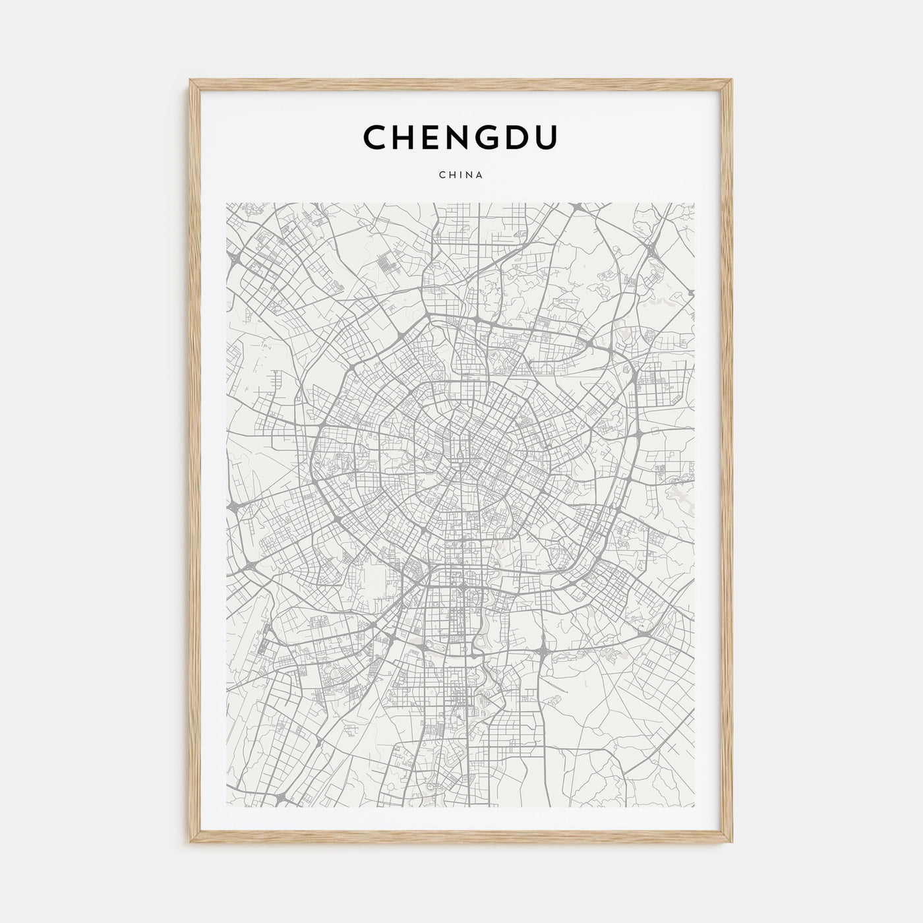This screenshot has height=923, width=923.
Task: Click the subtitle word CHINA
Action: tap(461, 175)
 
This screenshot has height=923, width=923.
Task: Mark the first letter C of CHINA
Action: tap(442, 175)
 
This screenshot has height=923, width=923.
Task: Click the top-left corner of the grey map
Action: tap(226, 202)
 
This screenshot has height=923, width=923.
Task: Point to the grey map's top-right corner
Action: tap(696, 202)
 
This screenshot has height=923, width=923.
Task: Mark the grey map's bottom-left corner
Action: tap(226, 808)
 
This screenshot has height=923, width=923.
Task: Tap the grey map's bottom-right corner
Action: tap(696, 808)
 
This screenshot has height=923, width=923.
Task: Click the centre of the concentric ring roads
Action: tap(465, 455)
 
